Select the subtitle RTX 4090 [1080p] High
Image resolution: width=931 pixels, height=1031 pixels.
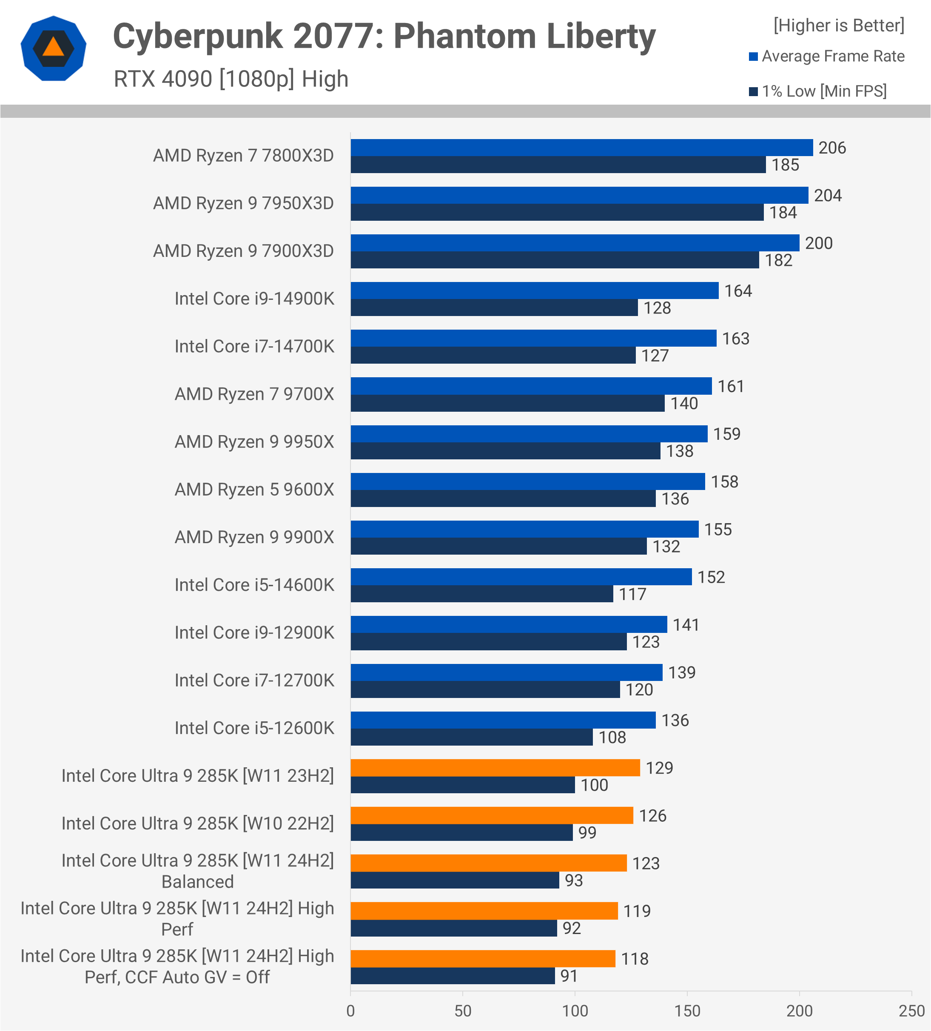click(231, 79)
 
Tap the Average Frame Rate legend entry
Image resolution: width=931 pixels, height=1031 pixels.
click(827, 56)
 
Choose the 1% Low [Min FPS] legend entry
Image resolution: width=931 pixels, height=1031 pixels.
click(818, 91)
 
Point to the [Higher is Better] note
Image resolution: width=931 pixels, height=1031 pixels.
click(838, 25)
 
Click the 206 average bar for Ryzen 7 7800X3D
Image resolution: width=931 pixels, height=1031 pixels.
click(581, 147)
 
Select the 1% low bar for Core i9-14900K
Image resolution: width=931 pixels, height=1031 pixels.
click(494, 308)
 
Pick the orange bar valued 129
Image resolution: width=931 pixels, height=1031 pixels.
click(495, 768)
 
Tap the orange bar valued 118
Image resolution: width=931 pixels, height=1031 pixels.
click(483, 958)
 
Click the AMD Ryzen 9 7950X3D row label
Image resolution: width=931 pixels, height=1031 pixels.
click(243, 203)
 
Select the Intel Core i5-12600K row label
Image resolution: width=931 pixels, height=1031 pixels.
click(254, 728)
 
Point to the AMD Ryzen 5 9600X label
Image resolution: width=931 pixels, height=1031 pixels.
click(254, 490)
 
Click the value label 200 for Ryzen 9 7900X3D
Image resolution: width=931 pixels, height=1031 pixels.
click(819, 243)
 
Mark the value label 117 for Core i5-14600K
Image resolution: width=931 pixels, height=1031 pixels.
click(632, 594)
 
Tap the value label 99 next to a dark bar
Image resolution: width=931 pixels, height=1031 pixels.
click(587, 832)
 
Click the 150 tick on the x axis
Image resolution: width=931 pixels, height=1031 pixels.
click(687, 1011)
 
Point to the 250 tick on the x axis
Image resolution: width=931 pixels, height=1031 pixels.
click(911, 1011)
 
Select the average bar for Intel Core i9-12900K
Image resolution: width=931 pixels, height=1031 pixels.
click(509, 624)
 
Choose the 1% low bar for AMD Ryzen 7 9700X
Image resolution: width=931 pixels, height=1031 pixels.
click(507, 403)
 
